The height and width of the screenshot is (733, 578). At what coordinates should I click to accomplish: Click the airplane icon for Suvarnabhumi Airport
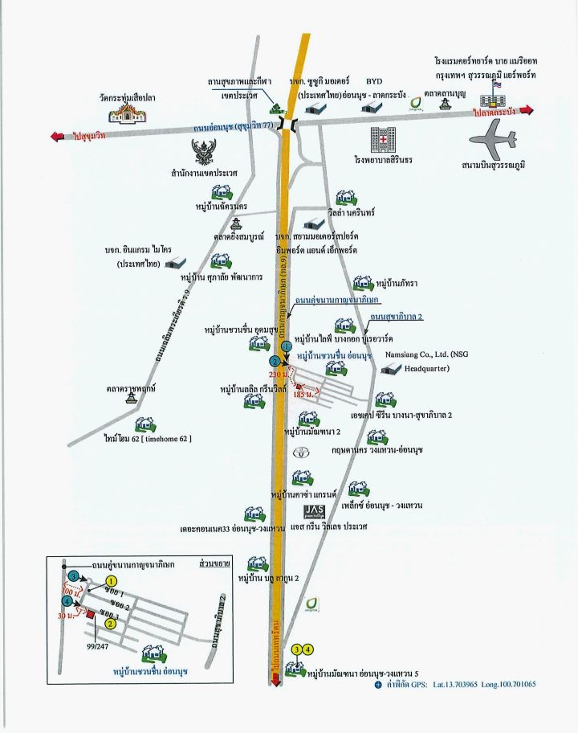point(488,143)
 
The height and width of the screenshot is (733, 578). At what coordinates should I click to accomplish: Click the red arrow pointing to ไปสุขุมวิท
point(59,136)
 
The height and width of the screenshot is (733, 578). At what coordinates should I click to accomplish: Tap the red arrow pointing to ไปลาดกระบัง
point(527,110)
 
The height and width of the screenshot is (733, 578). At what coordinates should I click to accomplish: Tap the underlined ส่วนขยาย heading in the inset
point(211,565)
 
